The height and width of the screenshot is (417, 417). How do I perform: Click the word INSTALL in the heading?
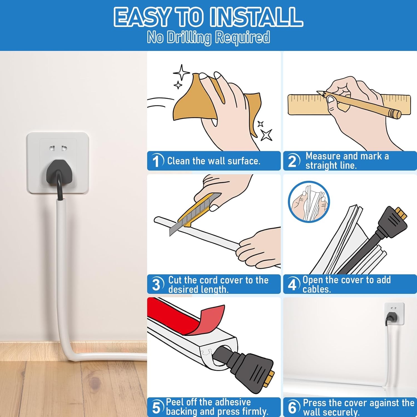256,17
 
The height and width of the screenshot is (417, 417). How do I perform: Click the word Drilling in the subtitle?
189,38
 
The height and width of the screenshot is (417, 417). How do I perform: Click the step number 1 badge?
156,161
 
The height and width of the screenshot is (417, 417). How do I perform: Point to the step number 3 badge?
156,284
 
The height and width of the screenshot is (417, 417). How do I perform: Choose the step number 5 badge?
156,408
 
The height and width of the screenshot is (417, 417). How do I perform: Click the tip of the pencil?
319,92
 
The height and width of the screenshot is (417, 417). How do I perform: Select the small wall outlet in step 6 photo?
394,314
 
